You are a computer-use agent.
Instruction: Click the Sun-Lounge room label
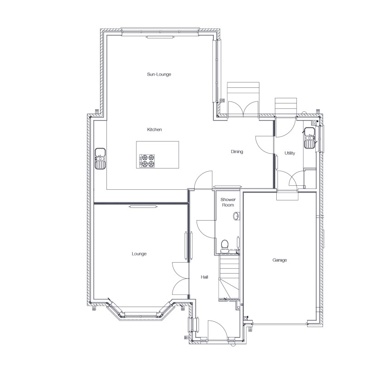(x=159, y=74)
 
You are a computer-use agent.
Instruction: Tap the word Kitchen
(x=154, y=130)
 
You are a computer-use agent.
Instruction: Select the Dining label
(x=237, y=151)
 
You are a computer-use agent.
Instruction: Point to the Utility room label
(x=290, y=153)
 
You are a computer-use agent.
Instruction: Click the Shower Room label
(x=228, y=202)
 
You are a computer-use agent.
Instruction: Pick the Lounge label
(x=139, y=254)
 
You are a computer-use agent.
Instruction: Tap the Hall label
(x=205, y=277)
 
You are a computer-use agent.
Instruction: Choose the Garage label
(x=279, y=260)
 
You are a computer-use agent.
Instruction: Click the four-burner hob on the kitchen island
(x=147, y=161)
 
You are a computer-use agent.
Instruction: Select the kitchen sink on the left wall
(x=100, y=159)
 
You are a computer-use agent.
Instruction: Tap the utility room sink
(x=309, y=138)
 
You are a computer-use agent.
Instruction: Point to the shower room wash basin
(x=236, y=216)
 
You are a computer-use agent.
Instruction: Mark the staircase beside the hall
(x=229, y=278)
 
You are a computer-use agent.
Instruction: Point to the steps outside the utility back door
(x=285, y=106)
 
